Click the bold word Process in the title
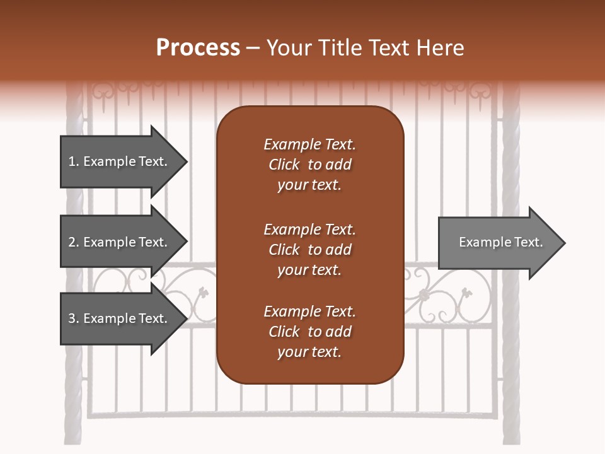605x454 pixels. (198, 48)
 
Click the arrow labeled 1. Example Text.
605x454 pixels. (120, 161)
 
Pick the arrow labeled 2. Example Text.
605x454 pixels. (120, 242)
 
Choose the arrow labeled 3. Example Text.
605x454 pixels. (120, 318)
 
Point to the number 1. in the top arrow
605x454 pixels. (74, 161)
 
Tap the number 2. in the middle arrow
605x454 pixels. (74, 242)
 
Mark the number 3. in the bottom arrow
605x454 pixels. (74, 318)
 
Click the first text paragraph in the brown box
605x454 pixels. (309, 165)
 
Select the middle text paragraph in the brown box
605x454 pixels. (309, 250)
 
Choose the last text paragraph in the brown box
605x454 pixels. (309, 332)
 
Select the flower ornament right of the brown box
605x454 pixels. (424, 294)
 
